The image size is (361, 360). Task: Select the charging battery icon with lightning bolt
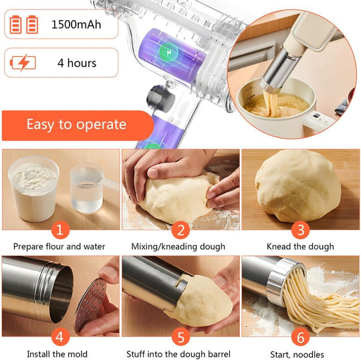[x=24, y=64]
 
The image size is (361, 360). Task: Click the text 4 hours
[x=77, y=64]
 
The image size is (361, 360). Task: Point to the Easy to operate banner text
[x=76, y=124]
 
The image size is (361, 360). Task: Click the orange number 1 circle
[x=59, y=230]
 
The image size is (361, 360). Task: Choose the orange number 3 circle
[x=301, y=230]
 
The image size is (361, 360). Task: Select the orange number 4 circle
[x=59, y=336]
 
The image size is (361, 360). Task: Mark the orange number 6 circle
[x=301, y=336]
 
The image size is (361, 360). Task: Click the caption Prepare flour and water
[x=59, y=247]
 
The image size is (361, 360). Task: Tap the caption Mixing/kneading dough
[x=178, y=247]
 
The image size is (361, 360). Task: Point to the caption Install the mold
[x=57, y=354]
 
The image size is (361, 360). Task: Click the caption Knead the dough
[x=300, y=247]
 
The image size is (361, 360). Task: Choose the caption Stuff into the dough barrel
[x=178, y=354]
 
